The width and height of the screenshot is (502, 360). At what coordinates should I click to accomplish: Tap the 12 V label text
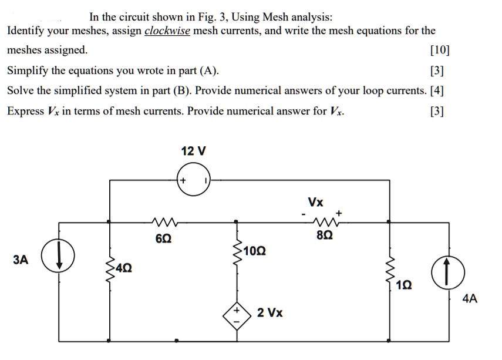coord(194,151)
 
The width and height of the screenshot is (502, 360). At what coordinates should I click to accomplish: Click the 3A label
coord(21,260)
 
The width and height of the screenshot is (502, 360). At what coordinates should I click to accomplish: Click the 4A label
coord(470,299)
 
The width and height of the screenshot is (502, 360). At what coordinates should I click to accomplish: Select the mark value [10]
coord(440,50)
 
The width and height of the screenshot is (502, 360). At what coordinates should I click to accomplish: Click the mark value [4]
coord(437,90)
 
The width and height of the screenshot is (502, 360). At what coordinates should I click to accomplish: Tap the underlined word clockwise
coord(167,31)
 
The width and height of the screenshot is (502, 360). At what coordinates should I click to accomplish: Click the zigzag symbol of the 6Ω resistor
coord(163,223)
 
